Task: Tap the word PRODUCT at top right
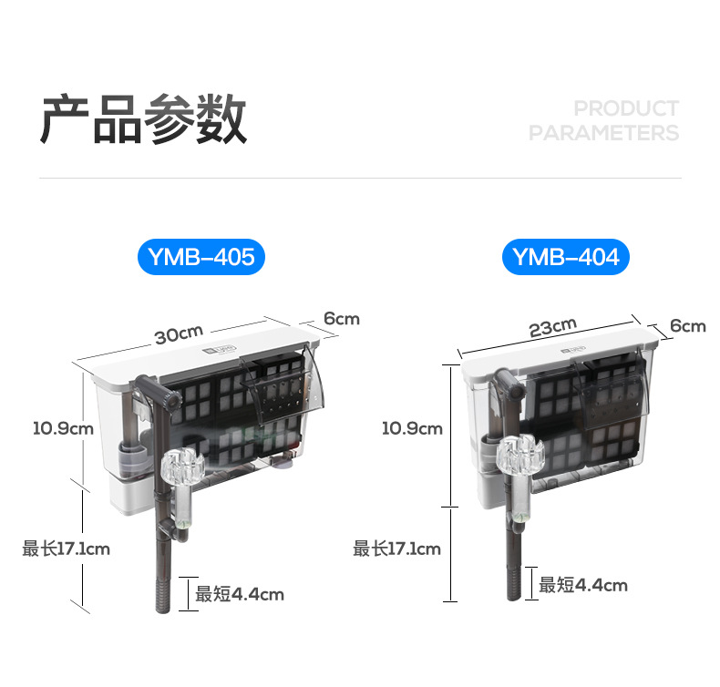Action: coord(626,108)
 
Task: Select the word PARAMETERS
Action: coord(603,133)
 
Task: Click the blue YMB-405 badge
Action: coord(201,258)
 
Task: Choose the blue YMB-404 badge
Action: coord(565,258)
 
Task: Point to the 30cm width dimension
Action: coord(178,334)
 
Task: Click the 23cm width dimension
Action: coord(552,327)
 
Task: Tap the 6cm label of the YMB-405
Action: coord(341,319)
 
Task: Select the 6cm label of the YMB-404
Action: coord(687,325)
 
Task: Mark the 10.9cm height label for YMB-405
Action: coord(63,426)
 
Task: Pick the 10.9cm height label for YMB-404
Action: coord(411,428)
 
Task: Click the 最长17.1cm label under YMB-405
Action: coord(66,549)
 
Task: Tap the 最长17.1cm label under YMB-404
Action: coord(396,549)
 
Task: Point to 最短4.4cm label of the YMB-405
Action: coord(240,595)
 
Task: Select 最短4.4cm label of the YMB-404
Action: coord(582,586)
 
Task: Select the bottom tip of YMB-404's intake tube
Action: coord(512,595)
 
